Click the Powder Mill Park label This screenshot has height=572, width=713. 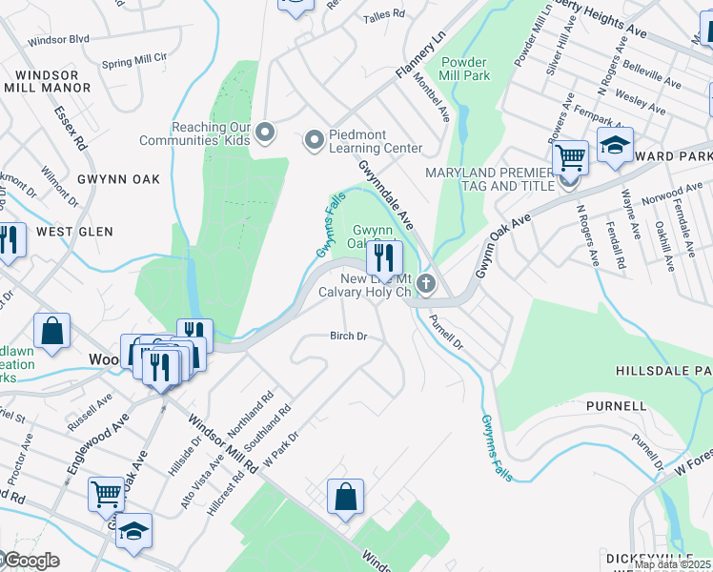point(464,68)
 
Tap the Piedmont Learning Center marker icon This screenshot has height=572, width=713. point(314,142)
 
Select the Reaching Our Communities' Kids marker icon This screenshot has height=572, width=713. point(265,133)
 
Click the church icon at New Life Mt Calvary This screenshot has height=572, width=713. point(426,283)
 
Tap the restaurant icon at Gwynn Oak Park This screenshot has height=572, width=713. point(384,256)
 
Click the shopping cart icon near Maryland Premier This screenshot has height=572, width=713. point(570,156)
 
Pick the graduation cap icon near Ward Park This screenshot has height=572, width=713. point(615,146)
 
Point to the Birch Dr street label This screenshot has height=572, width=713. point(348,336)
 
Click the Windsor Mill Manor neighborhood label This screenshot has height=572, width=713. point(47,81)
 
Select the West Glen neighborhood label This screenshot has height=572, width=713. point(74,232)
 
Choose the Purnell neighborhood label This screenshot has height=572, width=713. point(616,406)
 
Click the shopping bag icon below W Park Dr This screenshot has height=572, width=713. point(345,497)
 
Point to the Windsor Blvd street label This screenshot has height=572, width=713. point(58,40)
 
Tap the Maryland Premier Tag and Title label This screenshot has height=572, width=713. point(489,178)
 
